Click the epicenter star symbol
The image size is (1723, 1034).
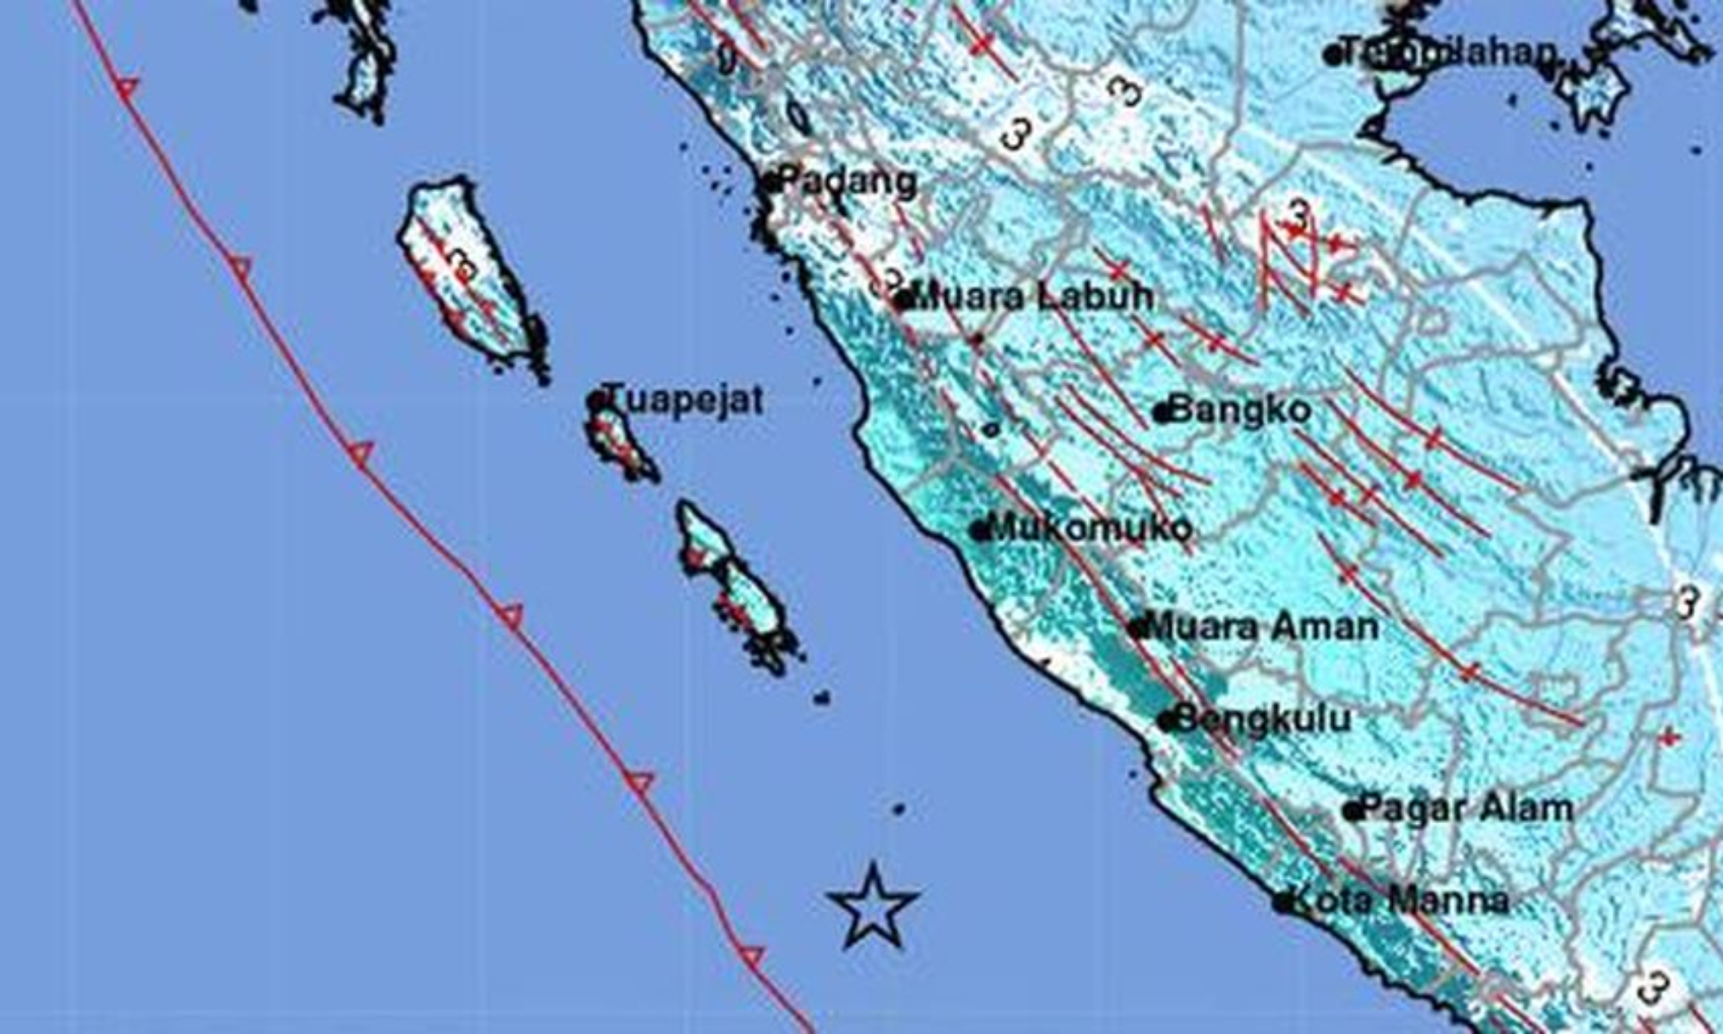[x=873, y=908]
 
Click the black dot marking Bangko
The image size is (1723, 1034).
[x=1163, y=413]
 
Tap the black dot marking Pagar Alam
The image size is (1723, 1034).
[x=1353, y=811]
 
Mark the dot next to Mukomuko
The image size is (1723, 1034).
[x=980, y=531]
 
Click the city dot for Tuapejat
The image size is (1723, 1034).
[x=594, y=401]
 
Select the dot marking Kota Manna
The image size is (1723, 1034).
[x=1284, y=903]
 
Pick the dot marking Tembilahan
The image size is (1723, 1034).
[x=1333, y=56]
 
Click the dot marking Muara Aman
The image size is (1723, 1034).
[x=1138, y=629]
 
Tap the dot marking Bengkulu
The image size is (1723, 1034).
[x=1167, y=721]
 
